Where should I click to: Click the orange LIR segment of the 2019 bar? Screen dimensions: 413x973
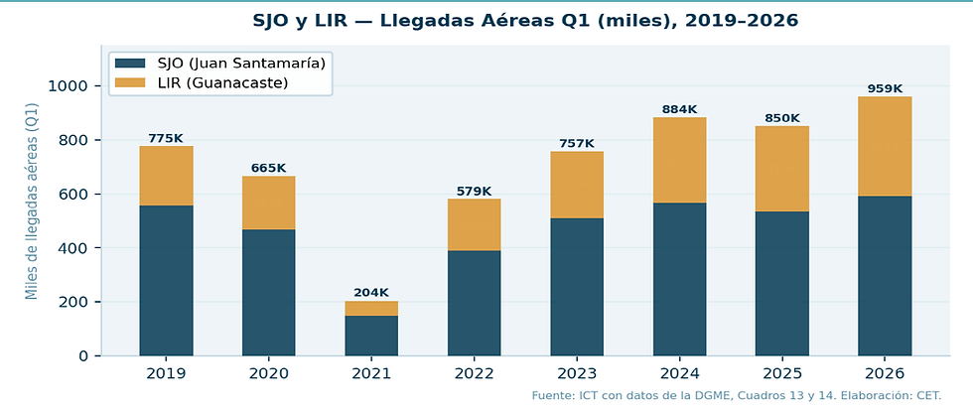pyautogui.click(x=166, y=176)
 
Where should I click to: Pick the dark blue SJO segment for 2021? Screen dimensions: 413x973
pyautogui.click(x=371, y=335)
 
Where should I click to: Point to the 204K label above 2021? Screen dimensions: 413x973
pyautogui.click(x=371, y=292)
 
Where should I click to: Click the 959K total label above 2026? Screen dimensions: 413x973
pyautogui.click(x=885, y=87)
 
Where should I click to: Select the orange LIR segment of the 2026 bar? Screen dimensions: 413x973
pyautogui.click(x=885, y=146)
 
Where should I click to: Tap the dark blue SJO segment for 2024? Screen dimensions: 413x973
pyautogui.click(x=679, y=279)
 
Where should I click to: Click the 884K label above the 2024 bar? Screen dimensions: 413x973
pyautogui.click(x=679, y=108)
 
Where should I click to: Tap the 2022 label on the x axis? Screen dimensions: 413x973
pyautogui.click(x=474, y=374)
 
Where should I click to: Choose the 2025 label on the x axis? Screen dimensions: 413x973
pyautogui.click(x=781, y=374)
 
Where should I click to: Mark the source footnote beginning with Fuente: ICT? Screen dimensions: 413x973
pyautogui.click(x=736, y=396)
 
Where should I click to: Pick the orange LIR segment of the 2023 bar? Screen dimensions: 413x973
pyautogui.click(x=577, y=185)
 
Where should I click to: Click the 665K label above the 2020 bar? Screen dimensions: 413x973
pyautogui.click(x=268, y=168)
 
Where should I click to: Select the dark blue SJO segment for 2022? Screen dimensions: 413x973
pyautogui.click(x=474, y=303)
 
